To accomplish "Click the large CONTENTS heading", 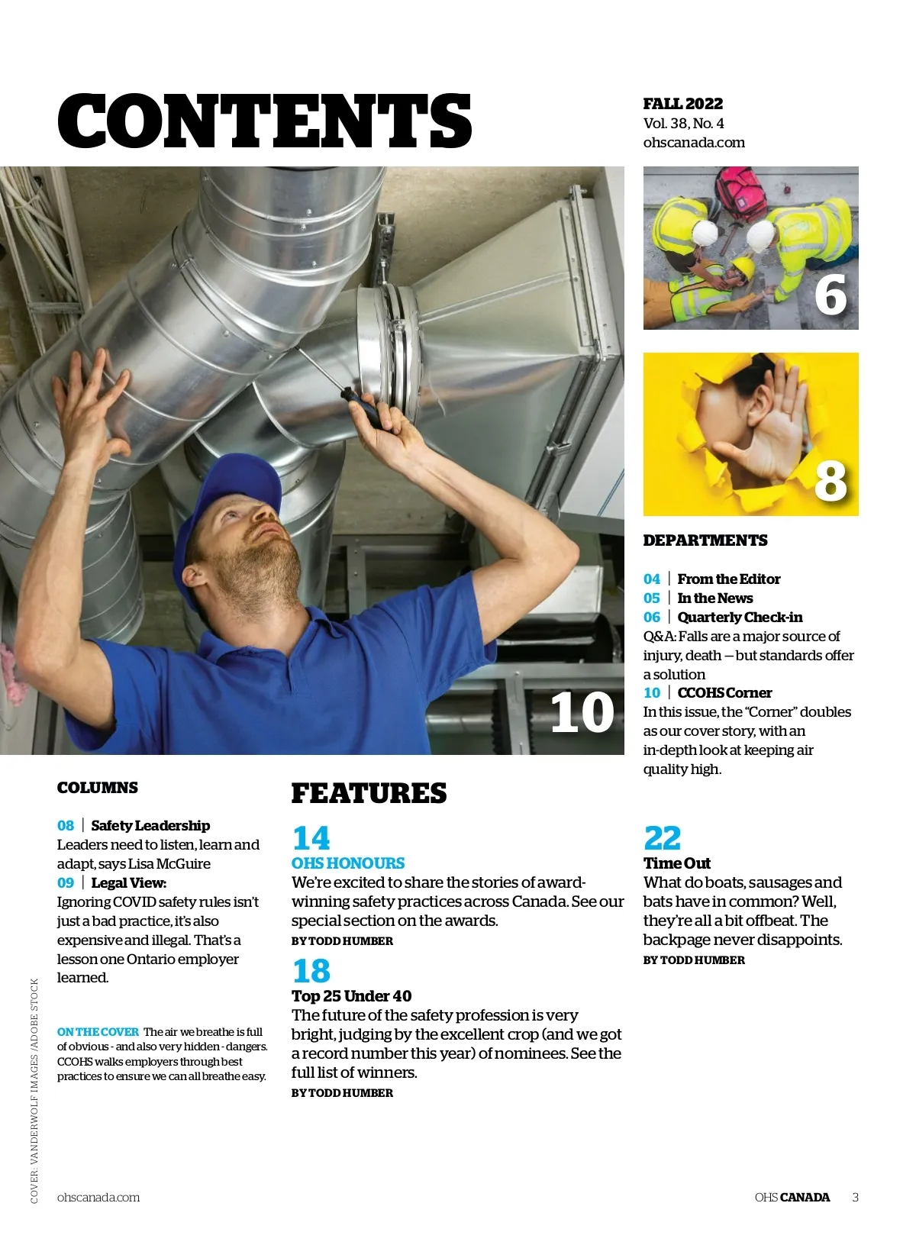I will click(x=264, y=121).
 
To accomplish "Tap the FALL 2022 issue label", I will click(x=682, y=104).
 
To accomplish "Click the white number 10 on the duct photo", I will click(x=582, y=712).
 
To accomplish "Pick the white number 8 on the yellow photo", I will click(x=831, y=480).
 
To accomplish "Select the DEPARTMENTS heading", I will click(x=705, y=540).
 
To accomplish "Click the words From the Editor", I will click(x=728, y=579).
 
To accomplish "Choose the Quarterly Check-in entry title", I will click(x=740, y=617).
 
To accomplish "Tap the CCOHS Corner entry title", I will click(x=724, y=692).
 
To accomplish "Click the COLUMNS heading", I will click(x=98, y=788).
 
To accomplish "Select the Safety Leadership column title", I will click(x=150, y=825).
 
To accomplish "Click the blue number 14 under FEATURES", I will click(x=311, y=838).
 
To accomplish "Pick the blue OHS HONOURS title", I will click(x=348, y=863).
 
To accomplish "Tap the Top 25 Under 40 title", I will click(x=351, y=996).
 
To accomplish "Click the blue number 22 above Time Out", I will click(x=662, y=838).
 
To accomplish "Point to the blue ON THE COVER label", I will click(x=98, y=1032).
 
